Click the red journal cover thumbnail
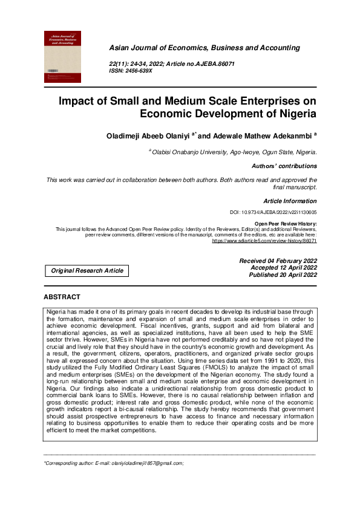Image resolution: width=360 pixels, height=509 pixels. coord(62,57)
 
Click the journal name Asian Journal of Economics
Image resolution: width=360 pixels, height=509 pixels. coord(204,48)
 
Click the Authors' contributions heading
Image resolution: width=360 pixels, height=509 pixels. coord(284,166)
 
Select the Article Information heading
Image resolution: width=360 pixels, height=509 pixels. coord(290,201)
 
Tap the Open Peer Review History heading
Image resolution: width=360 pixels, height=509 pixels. coord(284,224)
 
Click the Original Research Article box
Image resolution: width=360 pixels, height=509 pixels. coord(87,271)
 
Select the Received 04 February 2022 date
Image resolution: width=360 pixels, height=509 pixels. coord(278,261)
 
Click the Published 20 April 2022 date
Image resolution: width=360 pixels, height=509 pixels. coord(283,274)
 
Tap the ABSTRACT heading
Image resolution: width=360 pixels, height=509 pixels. coord(62,297)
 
